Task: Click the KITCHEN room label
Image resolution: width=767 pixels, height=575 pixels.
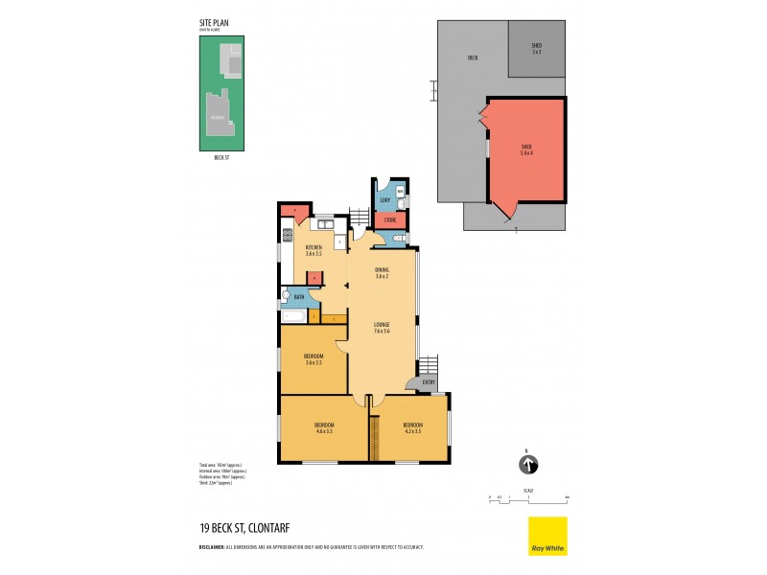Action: pos(313,250)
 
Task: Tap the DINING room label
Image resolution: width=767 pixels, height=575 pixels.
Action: pos(382,273)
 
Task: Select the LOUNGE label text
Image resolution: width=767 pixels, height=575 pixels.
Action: pos(382,328)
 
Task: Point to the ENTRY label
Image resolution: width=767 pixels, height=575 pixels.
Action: pos(428,382)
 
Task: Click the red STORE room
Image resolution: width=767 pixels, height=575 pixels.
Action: pos(388,219)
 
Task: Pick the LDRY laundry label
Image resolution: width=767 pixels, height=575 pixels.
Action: pos(384,199)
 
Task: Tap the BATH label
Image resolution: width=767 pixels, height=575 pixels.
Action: pos(299,298)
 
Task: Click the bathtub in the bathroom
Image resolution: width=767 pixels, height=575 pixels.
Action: pos(292,315)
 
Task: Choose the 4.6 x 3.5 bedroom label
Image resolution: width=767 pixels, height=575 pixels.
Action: pos(324,427)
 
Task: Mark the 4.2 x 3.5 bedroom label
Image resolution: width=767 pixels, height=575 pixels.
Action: pos(412,427)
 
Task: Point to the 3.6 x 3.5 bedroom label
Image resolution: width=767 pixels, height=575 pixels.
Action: pos(313,358)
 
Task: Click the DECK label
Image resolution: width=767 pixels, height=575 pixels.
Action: pos(473,57)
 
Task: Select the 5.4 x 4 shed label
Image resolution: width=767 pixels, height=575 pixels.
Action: pos(525,150)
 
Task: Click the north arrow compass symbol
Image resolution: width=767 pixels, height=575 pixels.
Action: pos(526,466)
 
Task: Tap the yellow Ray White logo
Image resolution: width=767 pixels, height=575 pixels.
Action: pos(547,536)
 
